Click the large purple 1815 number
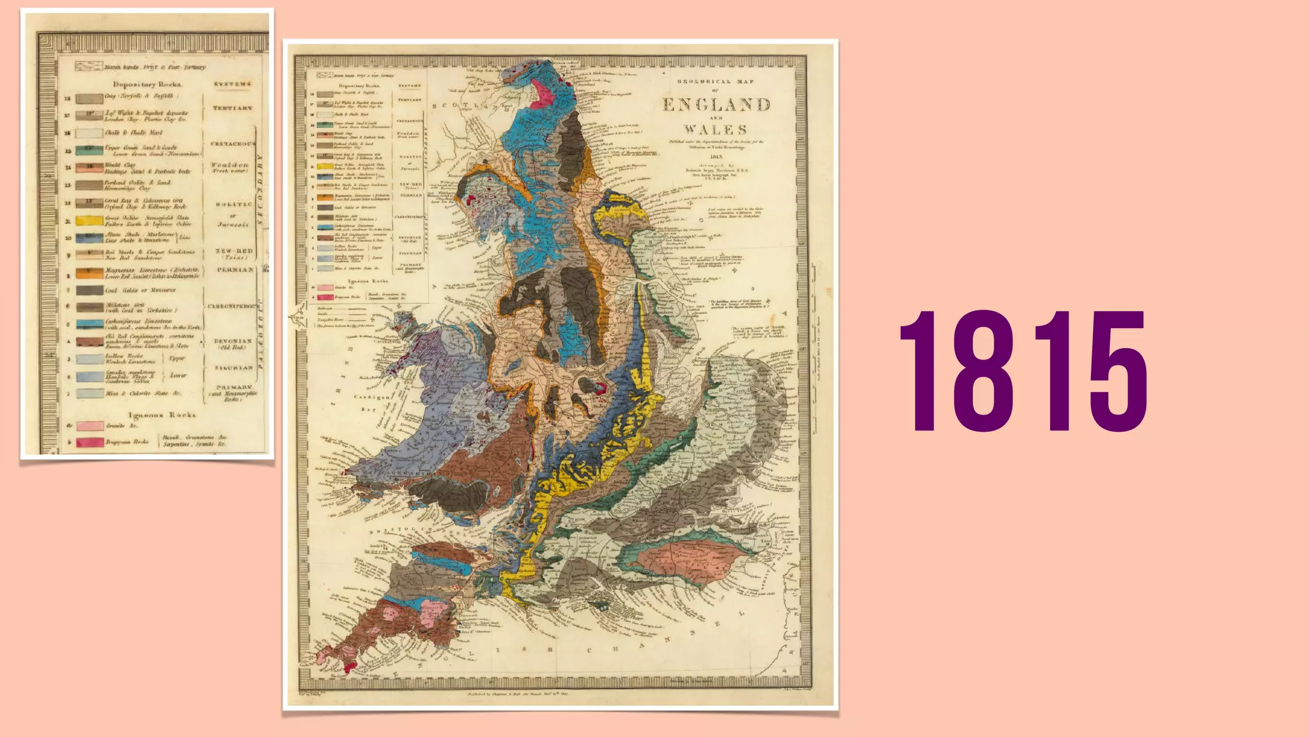(1023, 371)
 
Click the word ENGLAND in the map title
(716, 105)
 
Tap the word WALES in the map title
(715, 130)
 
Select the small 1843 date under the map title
(716, 157)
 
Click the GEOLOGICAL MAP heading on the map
(715, 82)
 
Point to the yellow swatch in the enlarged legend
(89, 221)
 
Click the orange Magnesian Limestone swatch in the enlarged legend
(89, 273)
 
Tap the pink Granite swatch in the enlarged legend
(89, 425)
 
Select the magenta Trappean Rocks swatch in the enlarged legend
(89, 442)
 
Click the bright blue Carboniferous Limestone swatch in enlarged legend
(89, 324)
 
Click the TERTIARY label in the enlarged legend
(233, 108)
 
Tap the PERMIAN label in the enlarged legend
(235, 270)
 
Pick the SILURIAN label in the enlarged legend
(233, 368)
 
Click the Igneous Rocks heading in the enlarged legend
(162, 415)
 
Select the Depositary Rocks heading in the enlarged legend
(148, 84)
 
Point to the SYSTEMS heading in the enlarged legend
(233, 84)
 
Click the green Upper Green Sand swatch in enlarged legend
(89, 150)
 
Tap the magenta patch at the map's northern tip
(543, 93)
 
